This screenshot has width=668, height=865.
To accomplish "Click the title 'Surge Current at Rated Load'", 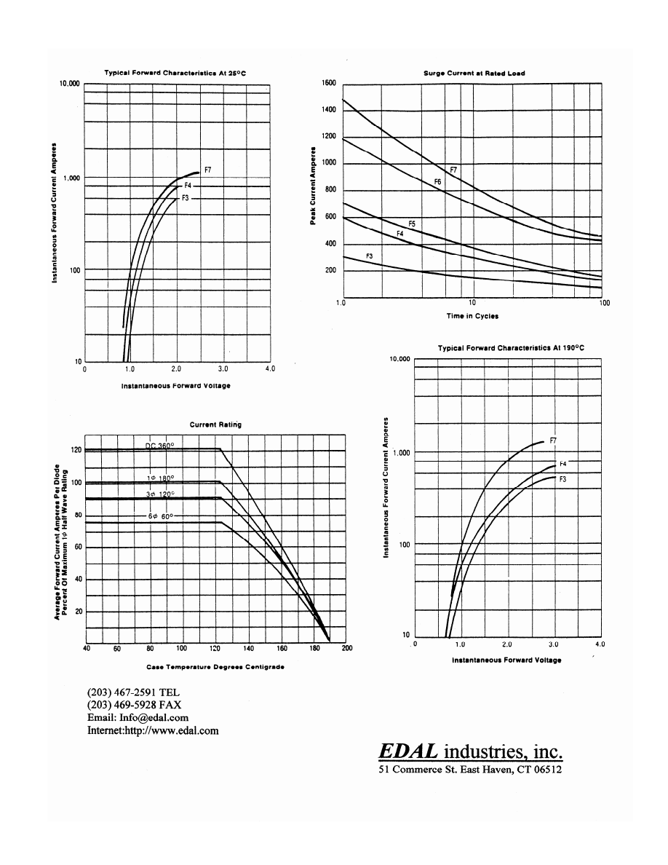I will (x=474, y=73).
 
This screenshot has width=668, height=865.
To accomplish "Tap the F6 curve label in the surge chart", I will (x=437, y=181).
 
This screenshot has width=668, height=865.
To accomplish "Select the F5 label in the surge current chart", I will (x=411, y=224).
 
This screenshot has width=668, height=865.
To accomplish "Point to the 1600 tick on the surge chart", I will (x=328, y=83).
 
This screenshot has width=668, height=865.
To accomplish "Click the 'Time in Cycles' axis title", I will (x=472, y=316).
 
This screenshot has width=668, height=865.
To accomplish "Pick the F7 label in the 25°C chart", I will (x=207, y=170).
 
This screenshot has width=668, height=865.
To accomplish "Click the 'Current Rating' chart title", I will (x=215, y=424).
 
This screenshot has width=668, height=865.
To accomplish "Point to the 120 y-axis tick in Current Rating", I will (x=75, y=450).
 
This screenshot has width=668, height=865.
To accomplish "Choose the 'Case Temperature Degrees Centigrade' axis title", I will (x=215, y=667).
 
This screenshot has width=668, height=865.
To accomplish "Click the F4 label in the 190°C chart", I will (x=562, y=463).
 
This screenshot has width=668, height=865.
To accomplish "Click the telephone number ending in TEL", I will (x=134, y=692).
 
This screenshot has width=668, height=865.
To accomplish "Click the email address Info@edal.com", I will (x=138, y=718).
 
